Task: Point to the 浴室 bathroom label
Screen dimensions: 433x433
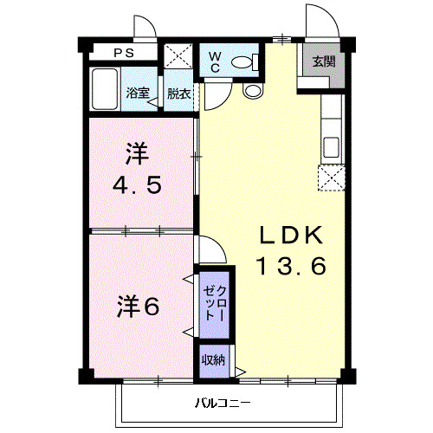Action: click(x=137, y=93)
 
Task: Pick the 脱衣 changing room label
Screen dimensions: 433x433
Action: click(x=178, y=93)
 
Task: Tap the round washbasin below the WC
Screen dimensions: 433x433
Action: click(x=253, y=90)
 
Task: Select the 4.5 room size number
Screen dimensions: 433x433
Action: click(x=139, y=185)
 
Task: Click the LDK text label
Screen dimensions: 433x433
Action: click(x=290, y=236)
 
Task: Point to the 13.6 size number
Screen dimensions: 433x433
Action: click(x=290, y=267)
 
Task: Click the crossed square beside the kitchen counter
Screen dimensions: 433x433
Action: click(x=330, y=178)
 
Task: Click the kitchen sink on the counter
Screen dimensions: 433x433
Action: click(x=331, y=146)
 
